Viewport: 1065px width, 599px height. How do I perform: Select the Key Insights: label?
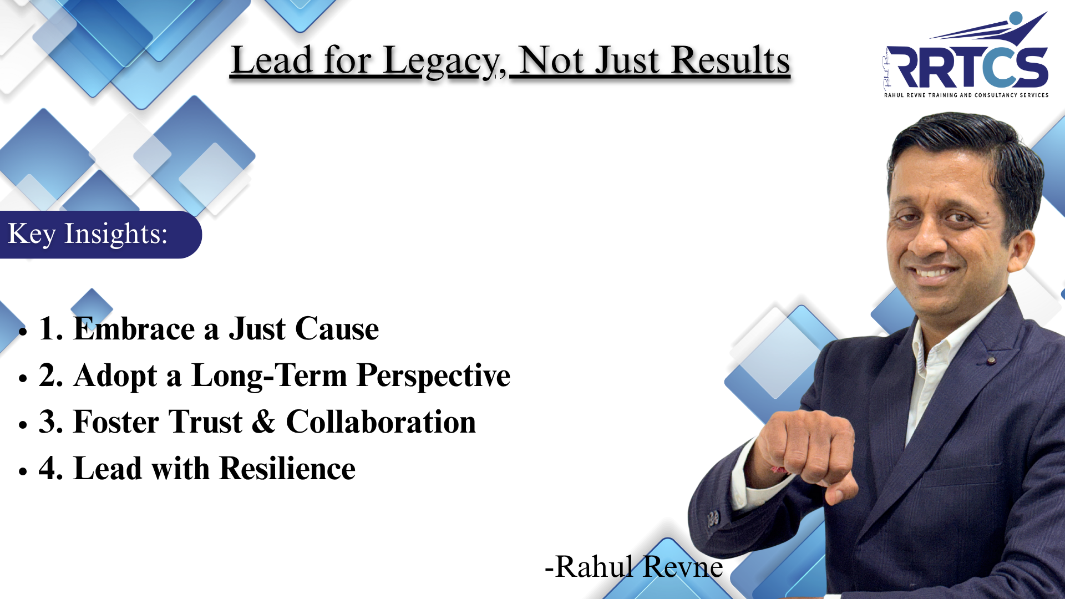[x=88, y=234]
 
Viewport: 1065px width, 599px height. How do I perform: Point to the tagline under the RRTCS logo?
[x=966, y=95]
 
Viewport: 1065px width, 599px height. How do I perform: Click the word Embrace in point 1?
[x=134, y=328]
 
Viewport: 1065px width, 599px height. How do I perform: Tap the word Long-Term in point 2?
[x=270, y=376]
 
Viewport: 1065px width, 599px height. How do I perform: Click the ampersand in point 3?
[x=263, y=422]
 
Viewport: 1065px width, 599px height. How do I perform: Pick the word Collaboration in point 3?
[x=381, y=422]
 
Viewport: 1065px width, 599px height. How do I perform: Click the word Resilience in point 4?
[x=288, y=468]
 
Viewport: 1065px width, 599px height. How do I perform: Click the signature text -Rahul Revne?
[x=634, y=567]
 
